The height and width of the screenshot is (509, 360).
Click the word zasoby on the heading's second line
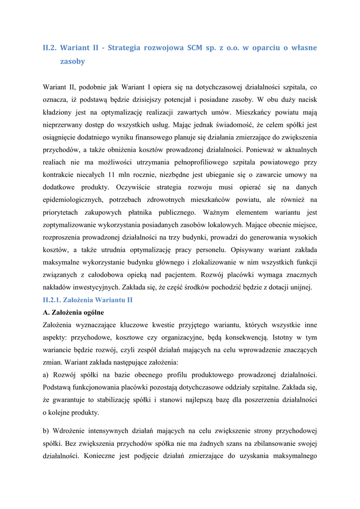pos(73,62)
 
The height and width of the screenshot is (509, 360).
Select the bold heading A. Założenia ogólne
pos(74,313)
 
